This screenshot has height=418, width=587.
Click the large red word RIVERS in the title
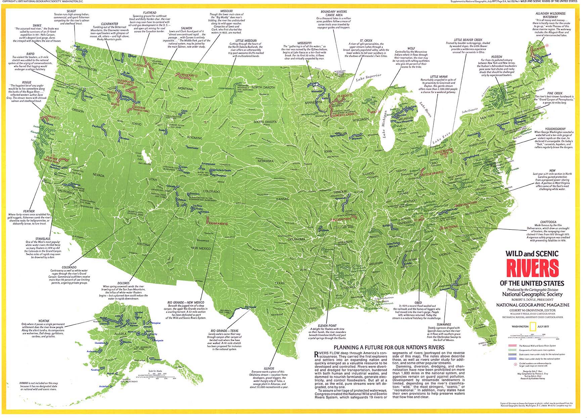532,268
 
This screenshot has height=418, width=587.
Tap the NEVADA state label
98,175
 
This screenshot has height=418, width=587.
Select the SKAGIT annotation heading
71,11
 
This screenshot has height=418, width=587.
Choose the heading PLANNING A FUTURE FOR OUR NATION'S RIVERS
389,347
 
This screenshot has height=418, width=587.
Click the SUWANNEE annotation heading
444,325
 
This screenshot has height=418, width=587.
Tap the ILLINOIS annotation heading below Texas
269,369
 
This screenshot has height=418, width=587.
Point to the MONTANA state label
185,89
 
